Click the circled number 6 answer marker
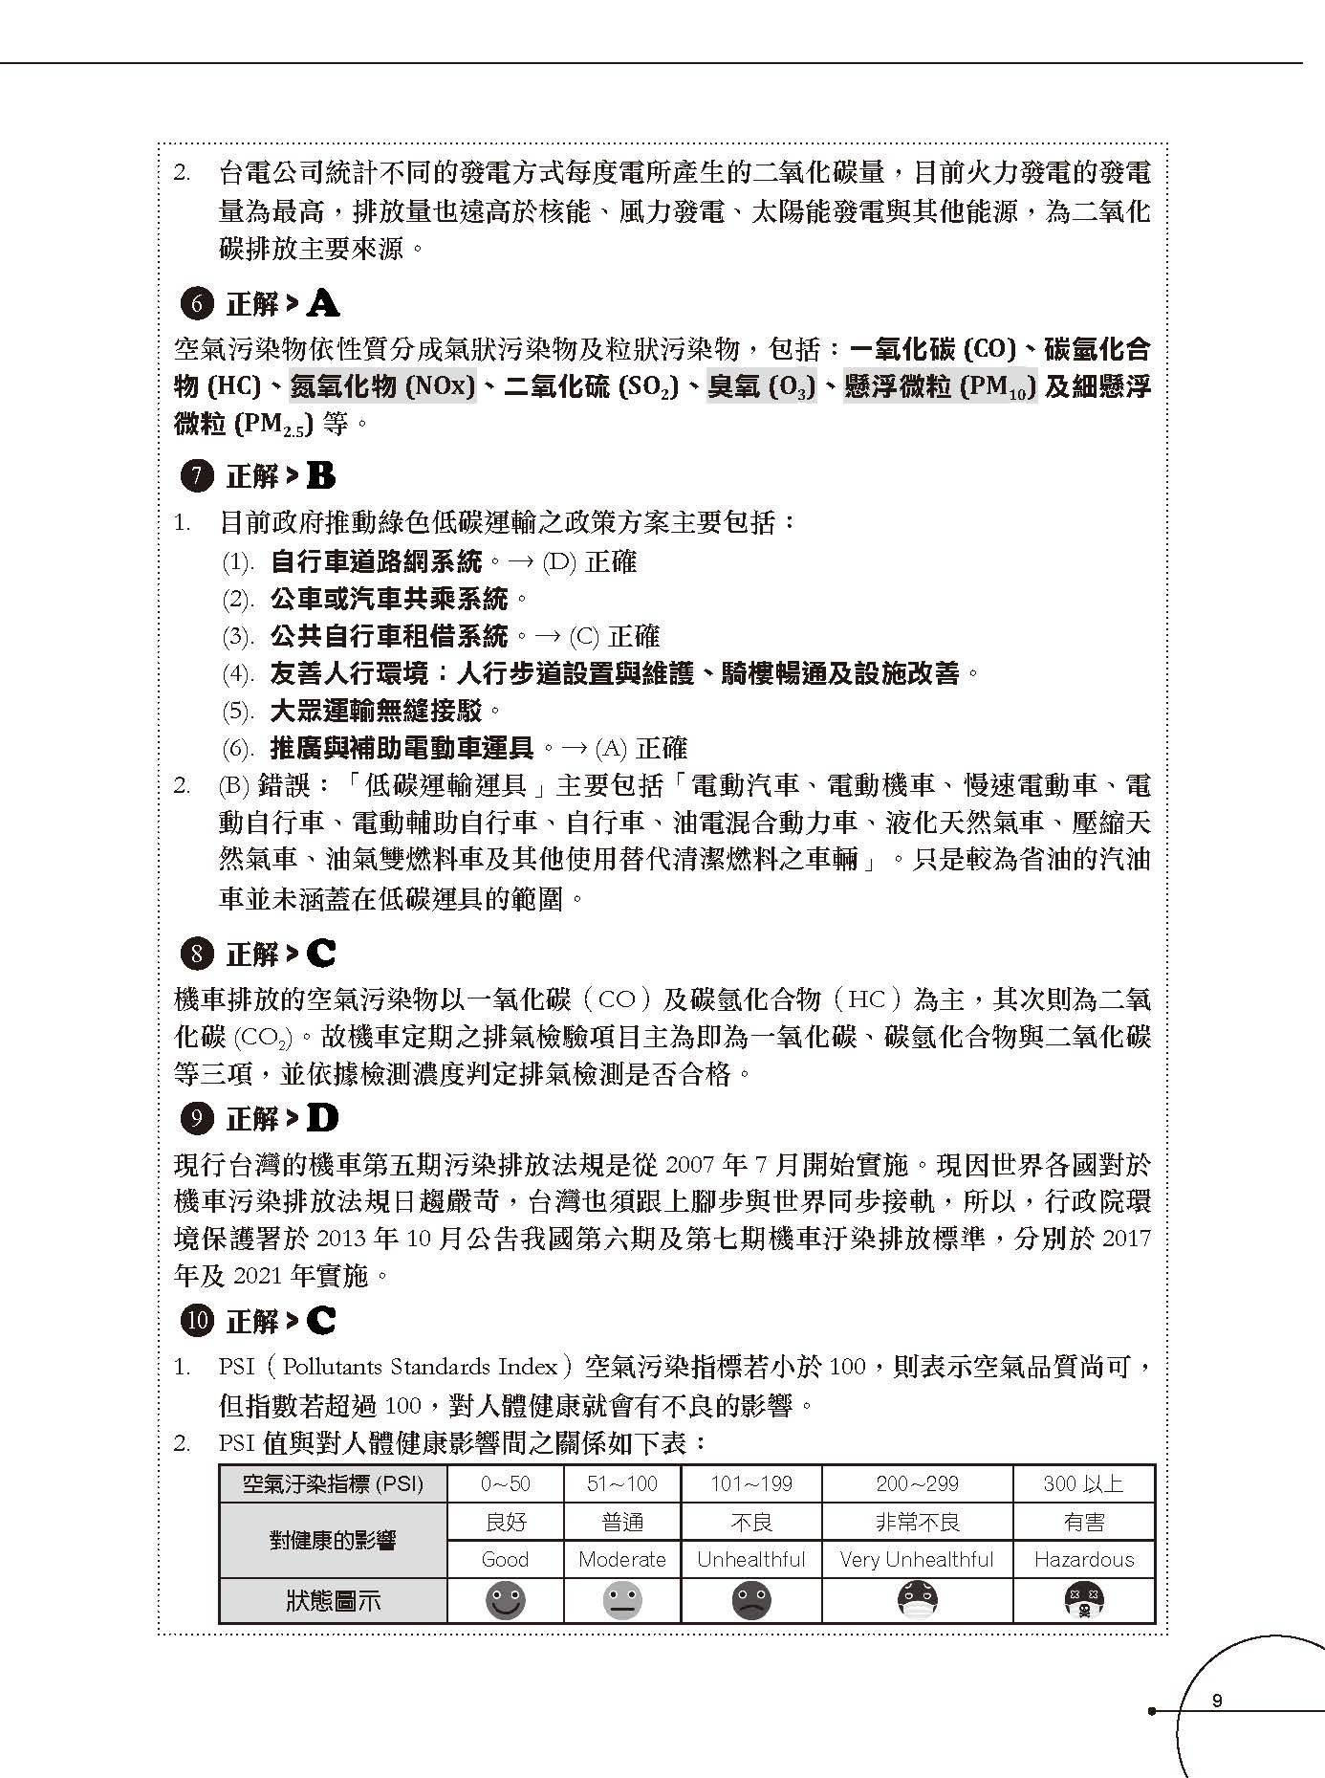coord(197,305)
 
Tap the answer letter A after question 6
coord(323,305)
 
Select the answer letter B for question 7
coord(321,476)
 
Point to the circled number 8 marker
coord(197,954)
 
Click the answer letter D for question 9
coord(323,1118)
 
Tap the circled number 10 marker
coord(197,1322)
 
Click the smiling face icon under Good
coord(505,1600)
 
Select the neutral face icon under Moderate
coord(622,1600)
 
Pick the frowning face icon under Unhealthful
coord(751,1600)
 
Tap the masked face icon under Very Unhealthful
coord(917,1600)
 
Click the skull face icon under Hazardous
coord(1083,1600)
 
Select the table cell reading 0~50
coord(505,1483)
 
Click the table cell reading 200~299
coord(917,1483)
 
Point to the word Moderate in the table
coord(622,1559)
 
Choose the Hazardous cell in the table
coord(1083,1559)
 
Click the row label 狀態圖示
coord(333,1600)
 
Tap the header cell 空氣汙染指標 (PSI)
coord(333,1483)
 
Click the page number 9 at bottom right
coord(1216,1701)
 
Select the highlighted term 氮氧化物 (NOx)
coord(382,386)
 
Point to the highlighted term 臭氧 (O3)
coord(762,386)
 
